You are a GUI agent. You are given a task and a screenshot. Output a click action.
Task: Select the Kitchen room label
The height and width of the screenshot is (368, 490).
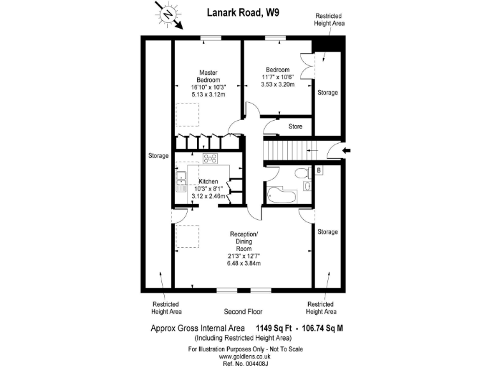(x=208, y=182)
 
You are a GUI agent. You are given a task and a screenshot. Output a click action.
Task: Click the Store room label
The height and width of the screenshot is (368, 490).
(x=295, y=126)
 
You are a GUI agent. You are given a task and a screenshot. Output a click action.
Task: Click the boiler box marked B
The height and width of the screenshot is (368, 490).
(x=319, y=171)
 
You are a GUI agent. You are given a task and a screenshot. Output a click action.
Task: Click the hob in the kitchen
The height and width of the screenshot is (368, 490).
(x=211, y=158)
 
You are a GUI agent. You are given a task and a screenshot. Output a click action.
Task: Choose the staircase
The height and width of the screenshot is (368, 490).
(x=287, y=150)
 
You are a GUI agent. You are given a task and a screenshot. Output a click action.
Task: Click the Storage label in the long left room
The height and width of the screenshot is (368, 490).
(x=158, y=156)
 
